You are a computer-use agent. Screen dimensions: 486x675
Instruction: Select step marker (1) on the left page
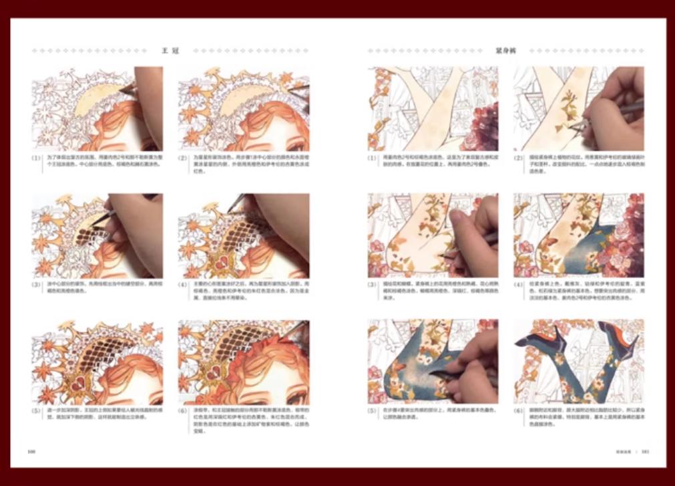coord(37,158)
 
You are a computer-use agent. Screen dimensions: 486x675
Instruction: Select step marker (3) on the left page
coord(37,285)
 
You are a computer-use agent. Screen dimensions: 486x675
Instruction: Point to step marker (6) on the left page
coord(183,411)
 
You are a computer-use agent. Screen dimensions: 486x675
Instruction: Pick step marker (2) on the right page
coord(519,158)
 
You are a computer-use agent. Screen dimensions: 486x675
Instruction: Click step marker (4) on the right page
coord(519,285)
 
